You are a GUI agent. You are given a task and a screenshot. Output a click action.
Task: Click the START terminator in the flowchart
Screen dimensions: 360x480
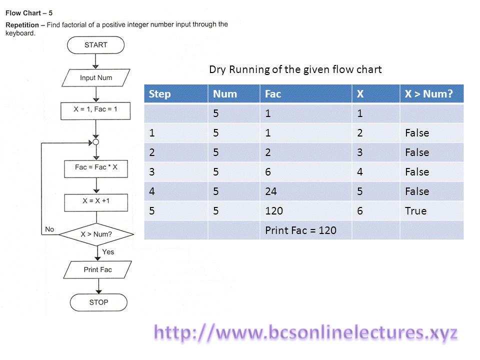[95, 44]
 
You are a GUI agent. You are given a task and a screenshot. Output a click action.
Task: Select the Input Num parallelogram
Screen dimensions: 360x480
[96, 78]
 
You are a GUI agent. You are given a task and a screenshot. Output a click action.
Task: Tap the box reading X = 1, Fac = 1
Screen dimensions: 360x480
[95, 109]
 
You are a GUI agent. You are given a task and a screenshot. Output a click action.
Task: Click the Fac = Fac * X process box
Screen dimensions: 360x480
[96, 167]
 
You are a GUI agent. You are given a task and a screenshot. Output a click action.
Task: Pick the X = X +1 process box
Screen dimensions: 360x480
[96, 202]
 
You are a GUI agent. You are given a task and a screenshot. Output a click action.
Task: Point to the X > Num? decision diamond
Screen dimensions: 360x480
[96, 233]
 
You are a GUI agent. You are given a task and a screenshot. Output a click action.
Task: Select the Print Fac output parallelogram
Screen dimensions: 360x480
[97, 270]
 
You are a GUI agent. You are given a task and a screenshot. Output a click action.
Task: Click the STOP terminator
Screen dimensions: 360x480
[98, 302]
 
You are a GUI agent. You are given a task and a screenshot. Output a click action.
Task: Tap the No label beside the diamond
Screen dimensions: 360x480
[49, 229]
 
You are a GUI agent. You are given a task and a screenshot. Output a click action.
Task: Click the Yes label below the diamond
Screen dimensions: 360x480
[108, 252]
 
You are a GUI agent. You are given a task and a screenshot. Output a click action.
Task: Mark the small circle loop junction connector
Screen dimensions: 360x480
[96, 142]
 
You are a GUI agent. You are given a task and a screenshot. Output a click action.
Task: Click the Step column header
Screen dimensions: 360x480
[160, 94]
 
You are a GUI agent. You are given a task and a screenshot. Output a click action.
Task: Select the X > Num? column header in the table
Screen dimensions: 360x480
[429, 94]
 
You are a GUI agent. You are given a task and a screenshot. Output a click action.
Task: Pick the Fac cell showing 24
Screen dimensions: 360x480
[271, 191]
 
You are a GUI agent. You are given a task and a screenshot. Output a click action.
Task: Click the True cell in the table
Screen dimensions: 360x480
[416, 211]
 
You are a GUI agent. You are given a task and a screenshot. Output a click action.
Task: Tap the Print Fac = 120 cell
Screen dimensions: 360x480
[300, 230]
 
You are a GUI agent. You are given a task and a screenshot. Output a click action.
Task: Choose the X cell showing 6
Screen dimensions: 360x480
[360, 211]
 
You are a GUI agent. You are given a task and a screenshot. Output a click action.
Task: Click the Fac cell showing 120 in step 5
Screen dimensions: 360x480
[274, 211]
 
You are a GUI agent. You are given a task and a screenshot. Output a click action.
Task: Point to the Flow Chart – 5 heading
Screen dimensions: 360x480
[29, 13]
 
